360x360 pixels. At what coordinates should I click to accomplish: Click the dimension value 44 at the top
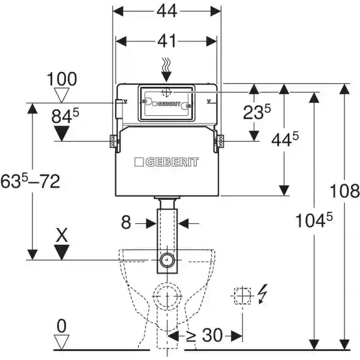(167, 12)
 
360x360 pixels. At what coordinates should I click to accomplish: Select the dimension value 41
(167, 41)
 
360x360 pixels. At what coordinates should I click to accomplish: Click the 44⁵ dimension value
(284, 140)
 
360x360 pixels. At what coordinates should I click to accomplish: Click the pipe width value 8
(125, 223)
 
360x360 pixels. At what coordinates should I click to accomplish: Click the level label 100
(63, 79)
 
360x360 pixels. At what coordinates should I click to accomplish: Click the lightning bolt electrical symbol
(262, 295)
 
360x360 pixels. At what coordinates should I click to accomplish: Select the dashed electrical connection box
(241, 295)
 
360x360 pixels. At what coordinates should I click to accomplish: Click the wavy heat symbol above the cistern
(167, 66)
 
